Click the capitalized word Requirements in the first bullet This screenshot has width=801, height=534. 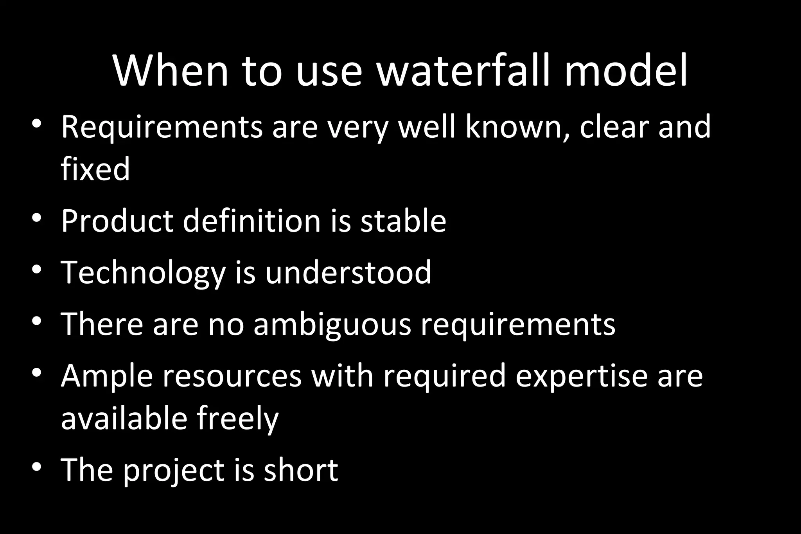[x=162, y=127]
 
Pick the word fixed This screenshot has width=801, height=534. [x=95, y=169]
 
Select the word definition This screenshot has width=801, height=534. [x=251, y=221]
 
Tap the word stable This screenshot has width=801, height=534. [x=403, y=221]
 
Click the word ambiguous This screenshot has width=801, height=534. [x=332, y=324]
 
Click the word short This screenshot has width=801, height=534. [x=301, y=470]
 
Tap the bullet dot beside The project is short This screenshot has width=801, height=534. [x=37, y=466]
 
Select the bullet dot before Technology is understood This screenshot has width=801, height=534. [x=37, y=269]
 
